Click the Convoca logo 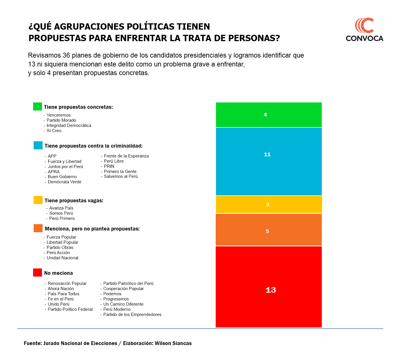(x=364, y=30)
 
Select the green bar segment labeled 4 (x=269, y=115)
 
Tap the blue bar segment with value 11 (x=269, y=161)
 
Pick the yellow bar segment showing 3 (x=269, y=205)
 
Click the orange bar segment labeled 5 (x=269, y=230)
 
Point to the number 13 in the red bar (x=271, y=290)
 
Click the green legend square (x=37, y=106)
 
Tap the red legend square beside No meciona (x=37, y=273)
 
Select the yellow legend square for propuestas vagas (x=38, y=200)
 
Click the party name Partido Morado (x=61, y=120)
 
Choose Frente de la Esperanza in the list (x=126, y=156)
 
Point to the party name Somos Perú (x=61, y=213)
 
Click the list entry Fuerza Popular (x=61, y=237)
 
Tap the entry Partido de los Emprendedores (x=132, y=315)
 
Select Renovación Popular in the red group (x=67, y=283)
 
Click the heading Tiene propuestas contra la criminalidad (x=93, y=146)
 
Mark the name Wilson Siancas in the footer (x=173, y=343)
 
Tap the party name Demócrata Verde (x=64, y=182)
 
